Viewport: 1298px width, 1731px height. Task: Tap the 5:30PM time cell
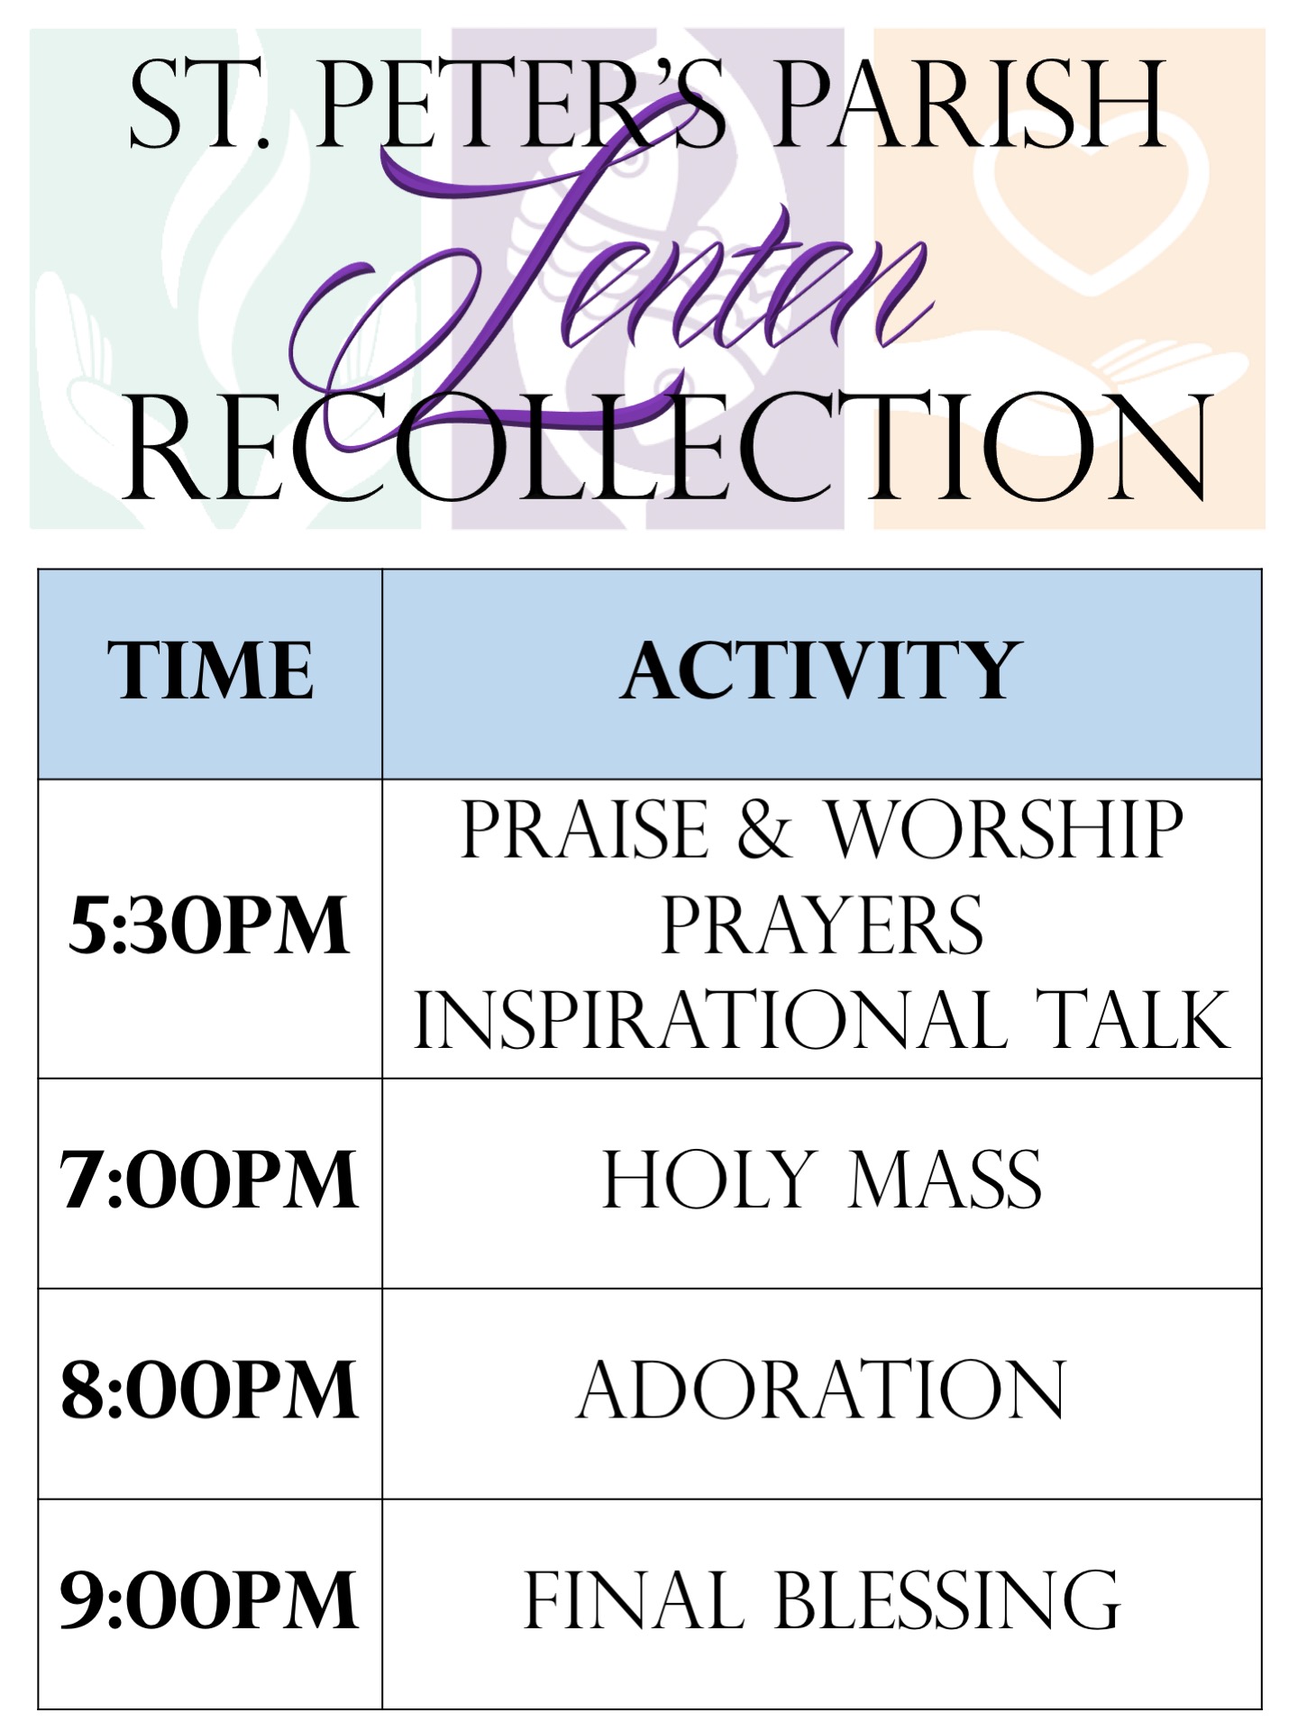tap(209, 925)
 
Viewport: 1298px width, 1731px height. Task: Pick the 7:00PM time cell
tap(209, 1180)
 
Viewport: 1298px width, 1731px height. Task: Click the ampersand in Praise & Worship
tap(764, 829)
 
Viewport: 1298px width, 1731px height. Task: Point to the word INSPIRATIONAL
tap(710, 1019)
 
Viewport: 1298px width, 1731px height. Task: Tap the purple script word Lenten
tap(608, 279)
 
